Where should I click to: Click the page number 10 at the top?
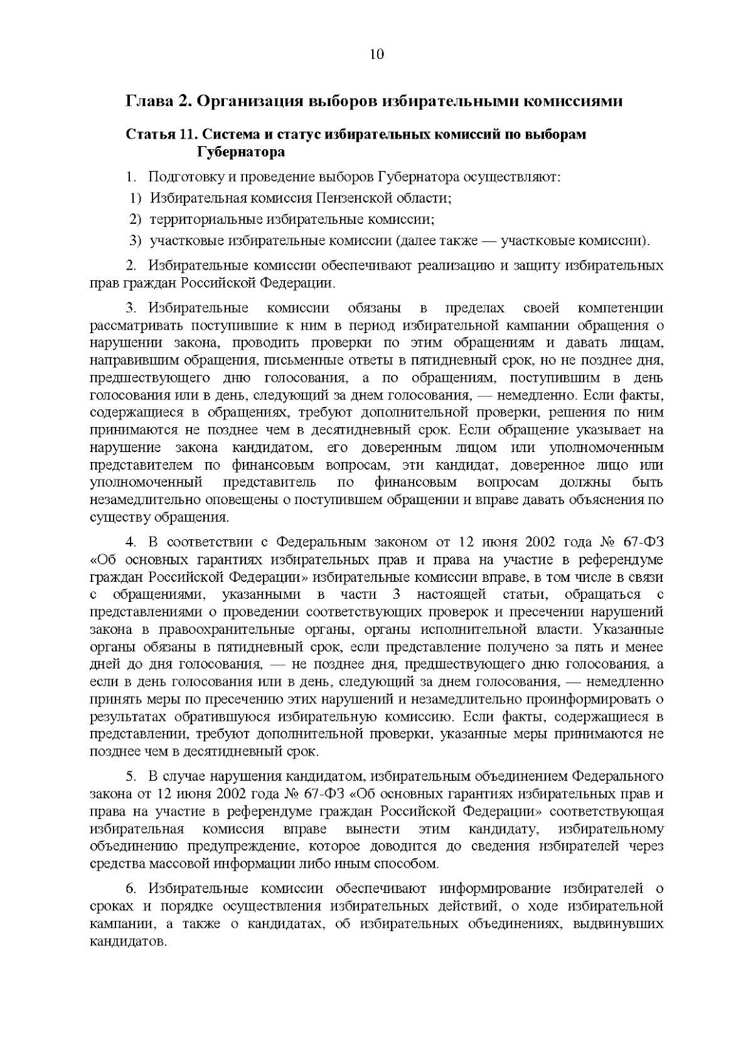coord(376,54)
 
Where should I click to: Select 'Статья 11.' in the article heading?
coord(155,135)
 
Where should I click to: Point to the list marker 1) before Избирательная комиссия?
coord(136,198)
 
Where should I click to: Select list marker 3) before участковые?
coord(136,241)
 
